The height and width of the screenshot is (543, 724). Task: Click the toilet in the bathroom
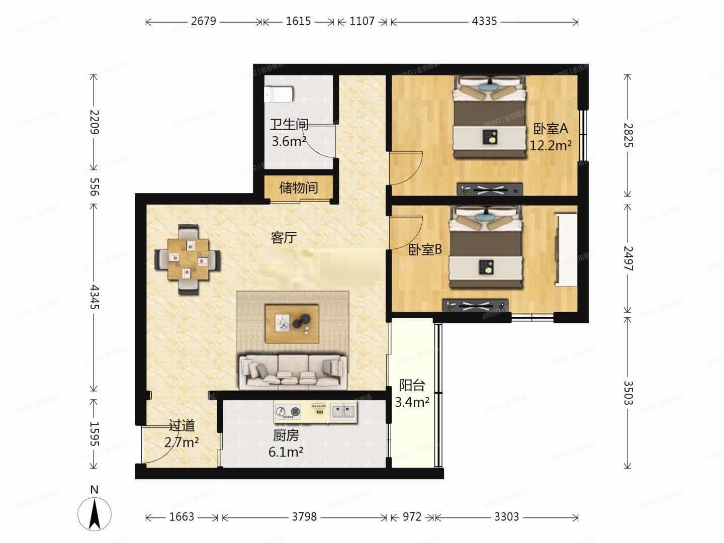pyautogui.click(x=279, y=94)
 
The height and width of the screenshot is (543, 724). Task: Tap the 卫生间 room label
pyautogui.click(x=289, y=124)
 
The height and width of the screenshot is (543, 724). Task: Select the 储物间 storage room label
pyautogui.click(x=299, y=188)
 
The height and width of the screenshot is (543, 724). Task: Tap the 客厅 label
pyautogui.click(x=284, y=237)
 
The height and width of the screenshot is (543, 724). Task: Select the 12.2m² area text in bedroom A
pyautogui.click(x=550, y=145)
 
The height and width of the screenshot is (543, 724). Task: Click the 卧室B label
pyautogui.click(x=425, y=249)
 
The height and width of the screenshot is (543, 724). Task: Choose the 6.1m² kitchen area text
pyautogui.click(x=286, y=451)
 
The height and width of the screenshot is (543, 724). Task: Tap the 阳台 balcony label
pyautogui.click(x=412, y=386)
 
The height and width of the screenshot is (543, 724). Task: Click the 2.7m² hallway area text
pyautogui.click(x=181, y=442)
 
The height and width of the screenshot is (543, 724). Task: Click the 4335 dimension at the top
pyautogui.click(x=484, y=21)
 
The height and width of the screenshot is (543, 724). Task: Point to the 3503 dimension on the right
pyautogui.click(x=628, y=393)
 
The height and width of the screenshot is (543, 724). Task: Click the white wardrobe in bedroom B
pyautogui.click(x=566, y=249)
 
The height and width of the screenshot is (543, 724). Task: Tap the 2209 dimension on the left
pyautogui.click(x=94, y=122)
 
